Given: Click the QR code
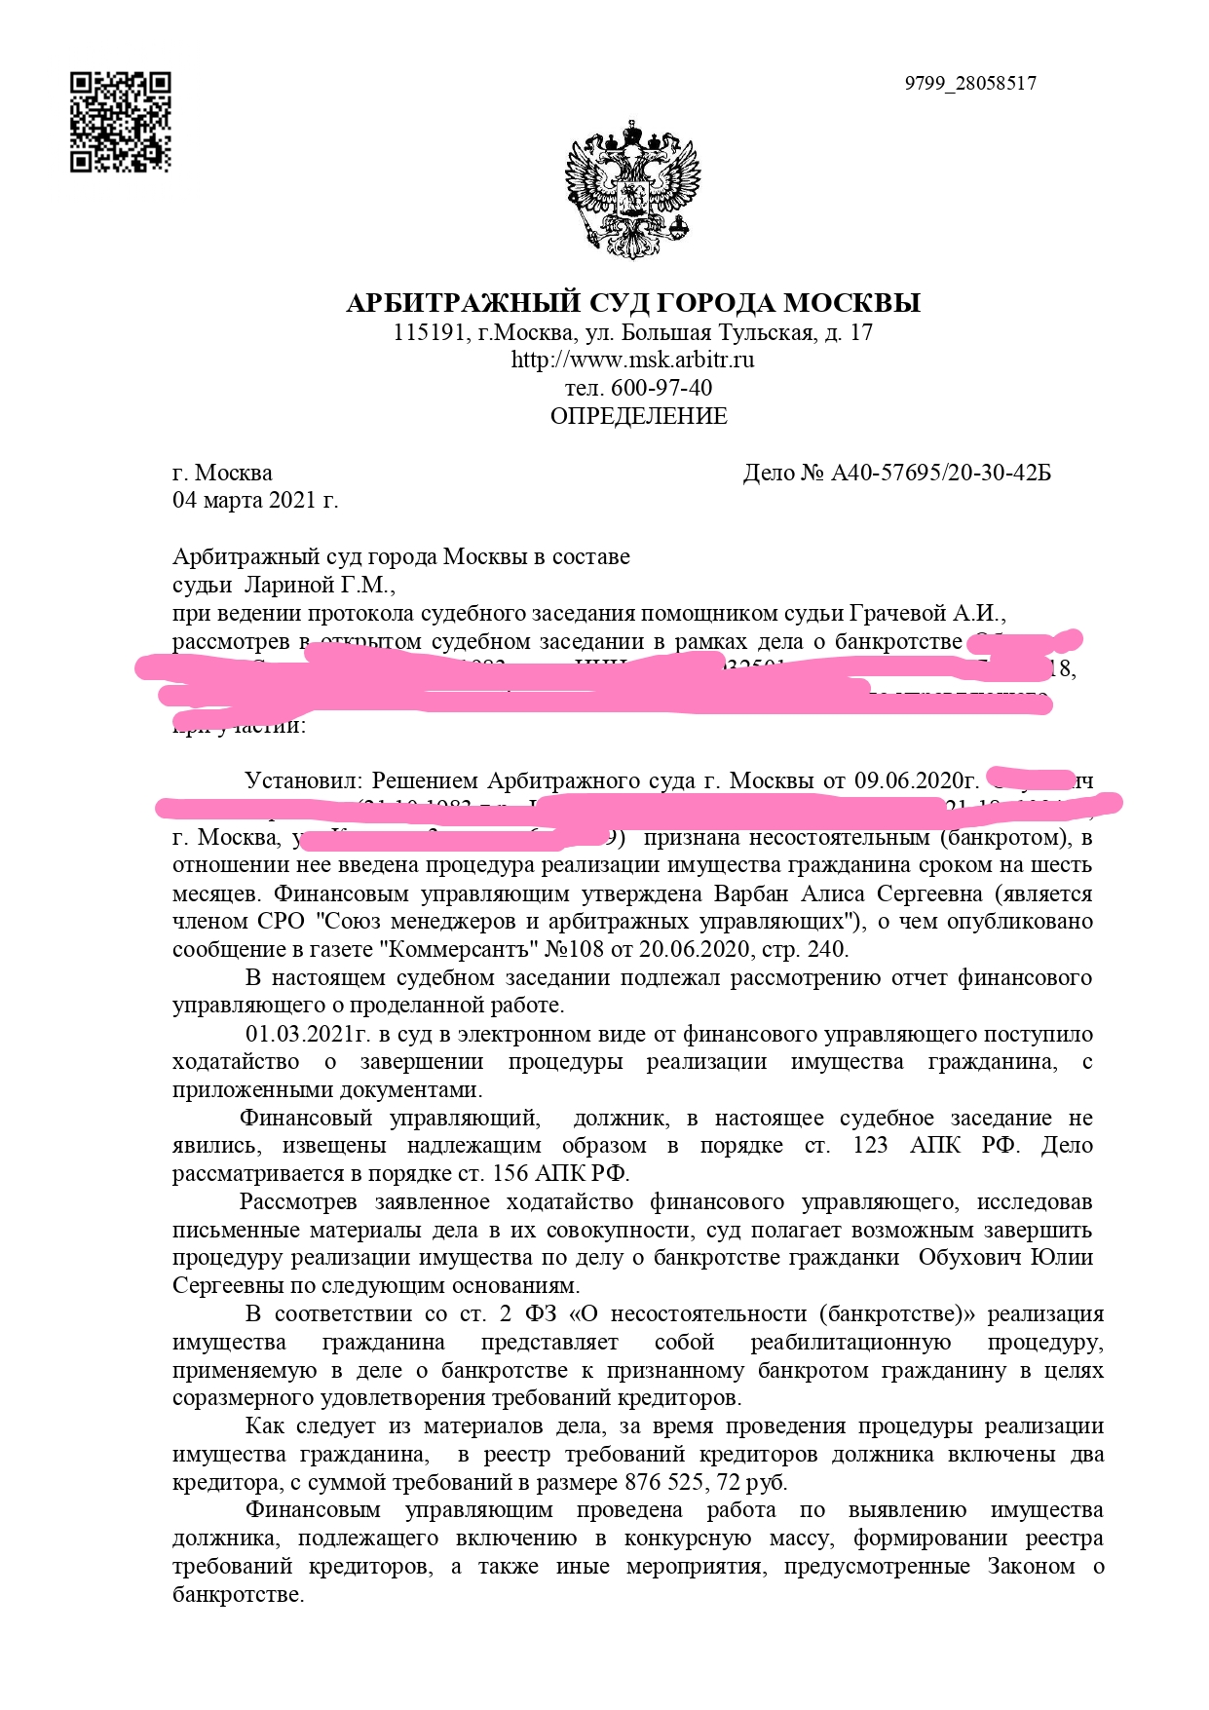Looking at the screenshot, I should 120,122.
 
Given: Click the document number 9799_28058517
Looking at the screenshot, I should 969,83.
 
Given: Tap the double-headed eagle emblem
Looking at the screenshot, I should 633,189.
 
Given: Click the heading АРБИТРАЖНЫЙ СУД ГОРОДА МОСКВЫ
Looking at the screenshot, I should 633,303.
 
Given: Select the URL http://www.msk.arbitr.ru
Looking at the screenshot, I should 633,360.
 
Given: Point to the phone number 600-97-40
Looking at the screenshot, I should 661,388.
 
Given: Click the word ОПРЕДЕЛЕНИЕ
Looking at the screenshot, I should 638,416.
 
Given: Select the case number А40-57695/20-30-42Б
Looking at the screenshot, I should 940,474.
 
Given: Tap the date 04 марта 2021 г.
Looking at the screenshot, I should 255,501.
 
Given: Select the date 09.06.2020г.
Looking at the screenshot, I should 916,781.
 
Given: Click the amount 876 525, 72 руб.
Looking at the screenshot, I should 705,1483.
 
